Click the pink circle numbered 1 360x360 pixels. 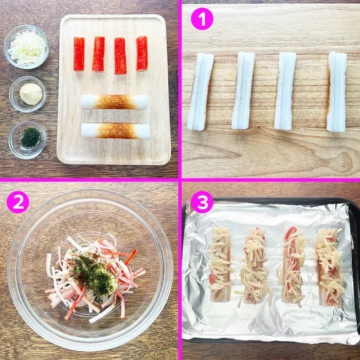202,19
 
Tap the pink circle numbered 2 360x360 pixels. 18,202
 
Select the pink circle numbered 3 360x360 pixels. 202,202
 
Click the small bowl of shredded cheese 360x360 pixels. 26,47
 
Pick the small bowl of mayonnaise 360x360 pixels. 28,94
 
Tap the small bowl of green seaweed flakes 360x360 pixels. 28,139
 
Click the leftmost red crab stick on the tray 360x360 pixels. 79,54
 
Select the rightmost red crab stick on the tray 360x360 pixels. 142,53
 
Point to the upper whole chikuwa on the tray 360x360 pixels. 114,102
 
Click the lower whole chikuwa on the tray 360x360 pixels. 116,131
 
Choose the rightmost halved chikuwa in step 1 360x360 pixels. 337,92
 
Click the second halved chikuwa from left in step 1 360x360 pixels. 243,91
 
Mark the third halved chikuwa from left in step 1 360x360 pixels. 285,91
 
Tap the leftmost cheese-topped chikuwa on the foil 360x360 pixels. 220,263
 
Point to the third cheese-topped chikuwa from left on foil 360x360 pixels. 293,266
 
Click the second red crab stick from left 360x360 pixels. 99,54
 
